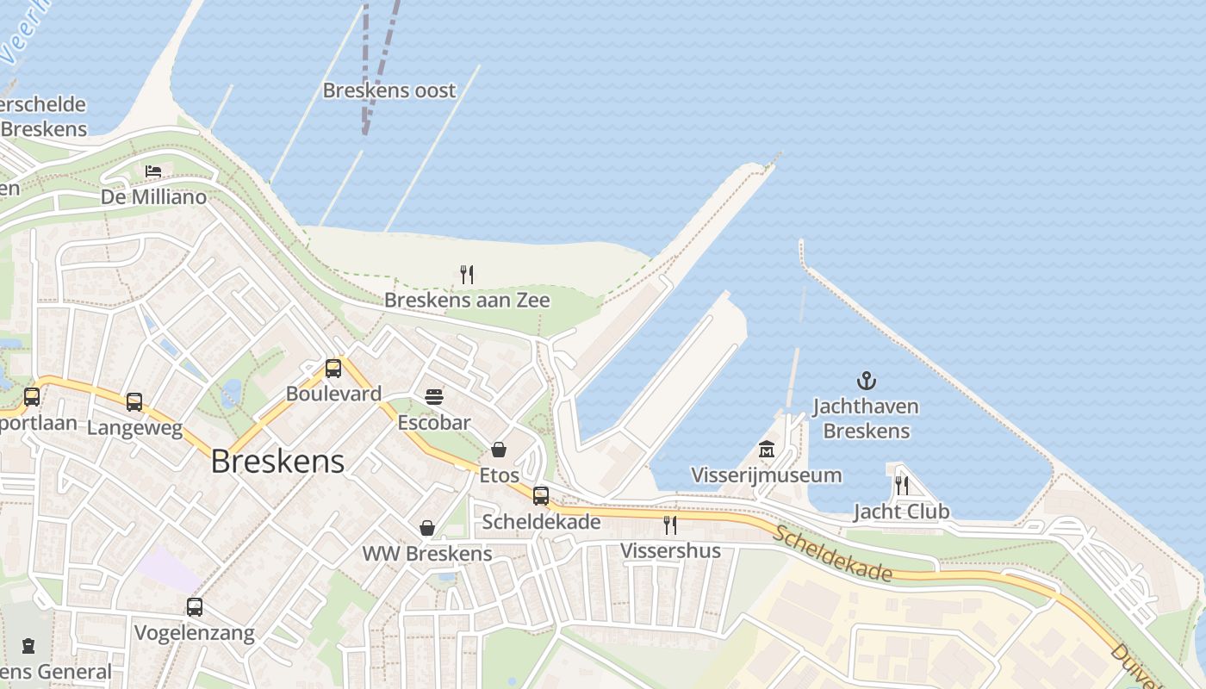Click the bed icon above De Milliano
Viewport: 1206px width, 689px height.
153,171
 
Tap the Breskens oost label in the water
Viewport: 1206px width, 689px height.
389,90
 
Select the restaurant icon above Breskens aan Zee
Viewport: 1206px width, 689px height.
467,275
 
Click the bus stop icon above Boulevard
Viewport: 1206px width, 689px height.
333,369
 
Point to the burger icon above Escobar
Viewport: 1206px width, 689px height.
434,397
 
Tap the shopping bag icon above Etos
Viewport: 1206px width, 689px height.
499,450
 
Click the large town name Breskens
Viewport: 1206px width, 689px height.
277,462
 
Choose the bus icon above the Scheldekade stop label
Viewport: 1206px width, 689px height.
541,496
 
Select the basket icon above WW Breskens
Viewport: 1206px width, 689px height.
427,528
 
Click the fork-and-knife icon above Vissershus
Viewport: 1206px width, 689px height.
670,525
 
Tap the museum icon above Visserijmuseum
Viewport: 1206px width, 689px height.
767,449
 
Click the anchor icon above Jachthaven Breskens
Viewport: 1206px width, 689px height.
866,380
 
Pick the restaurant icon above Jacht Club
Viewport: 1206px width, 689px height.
901,485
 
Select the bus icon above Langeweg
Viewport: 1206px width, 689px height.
134,401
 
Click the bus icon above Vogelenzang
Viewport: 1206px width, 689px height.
195,607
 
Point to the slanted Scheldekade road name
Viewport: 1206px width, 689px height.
831,553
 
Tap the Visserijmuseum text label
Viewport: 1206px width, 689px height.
767,475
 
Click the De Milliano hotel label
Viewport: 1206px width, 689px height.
154,197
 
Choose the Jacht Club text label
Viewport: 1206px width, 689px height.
901,512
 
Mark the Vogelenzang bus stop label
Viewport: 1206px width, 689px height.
195,634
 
